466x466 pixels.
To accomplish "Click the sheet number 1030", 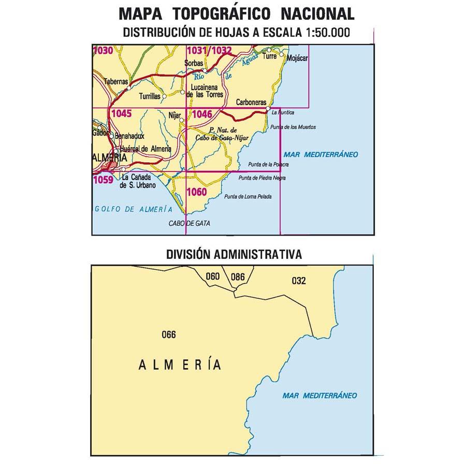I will click(102, 50).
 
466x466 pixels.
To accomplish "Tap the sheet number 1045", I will click(121, 113).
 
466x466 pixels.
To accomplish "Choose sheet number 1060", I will click(197, 193).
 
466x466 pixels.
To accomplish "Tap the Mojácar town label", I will click(297, 59).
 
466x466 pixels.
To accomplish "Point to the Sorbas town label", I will click(193, 64).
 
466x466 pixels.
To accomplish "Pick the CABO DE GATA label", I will click(190, 224).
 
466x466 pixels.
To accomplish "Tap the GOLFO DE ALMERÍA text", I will click(133, 209).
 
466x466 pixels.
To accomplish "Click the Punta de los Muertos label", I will click(293, 127).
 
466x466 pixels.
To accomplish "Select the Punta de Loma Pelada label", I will click(252, 196).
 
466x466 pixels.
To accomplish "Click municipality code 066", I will click(169, 334).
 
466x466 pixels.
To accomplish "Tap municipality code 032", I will click(299, 281).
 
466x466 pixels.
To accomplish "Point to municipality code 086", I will click(238, 276).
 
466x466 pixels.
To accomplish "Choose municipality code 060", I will click(213, 276).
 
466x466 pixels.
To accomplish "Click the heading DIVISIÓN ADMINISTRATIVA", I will click(234, 254).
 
